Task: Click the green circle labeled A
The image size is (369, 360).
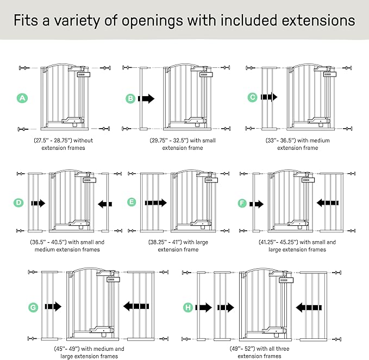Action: coord(22,98)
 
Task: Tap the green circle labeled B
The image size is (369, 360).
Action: coord(130,98)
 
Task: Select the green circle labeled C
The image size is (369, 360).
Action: coord(253,97)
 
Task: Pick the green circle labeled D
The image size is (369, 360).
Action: coord(18,203)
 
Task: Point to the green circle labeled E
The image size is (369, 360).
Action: coord(132,202)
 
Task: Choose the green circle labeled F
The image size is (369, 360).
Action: coord(242,203)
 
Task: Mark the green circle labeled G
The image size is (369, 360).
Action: coord(33,307)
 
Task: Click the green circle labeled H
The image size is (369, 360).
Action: coord(188,307)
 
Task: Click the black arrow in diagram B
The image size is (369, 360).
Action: coord(146,98)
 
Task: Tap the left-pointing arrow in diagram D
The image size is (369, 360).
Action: coord(105,204)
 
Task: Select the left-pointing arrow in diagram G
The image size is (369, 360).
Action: coord(136,306)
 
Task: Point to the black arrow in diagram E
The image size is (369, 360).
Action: coord(155,203)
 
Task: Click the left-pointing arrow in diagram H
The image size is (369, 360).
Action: coord(309,307)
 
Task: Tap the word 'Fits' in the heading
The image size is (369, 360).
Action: coord(26,20)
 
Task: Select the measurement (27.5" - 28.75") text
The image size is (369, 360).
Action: coord(53,141)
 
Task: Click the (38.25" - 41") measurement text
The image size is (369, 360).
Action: coord(165,242)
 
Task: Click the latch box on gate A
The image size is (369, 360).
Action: coord(84,74)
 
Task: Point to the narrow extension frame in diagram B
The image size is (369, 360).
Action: coord(143,98)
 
